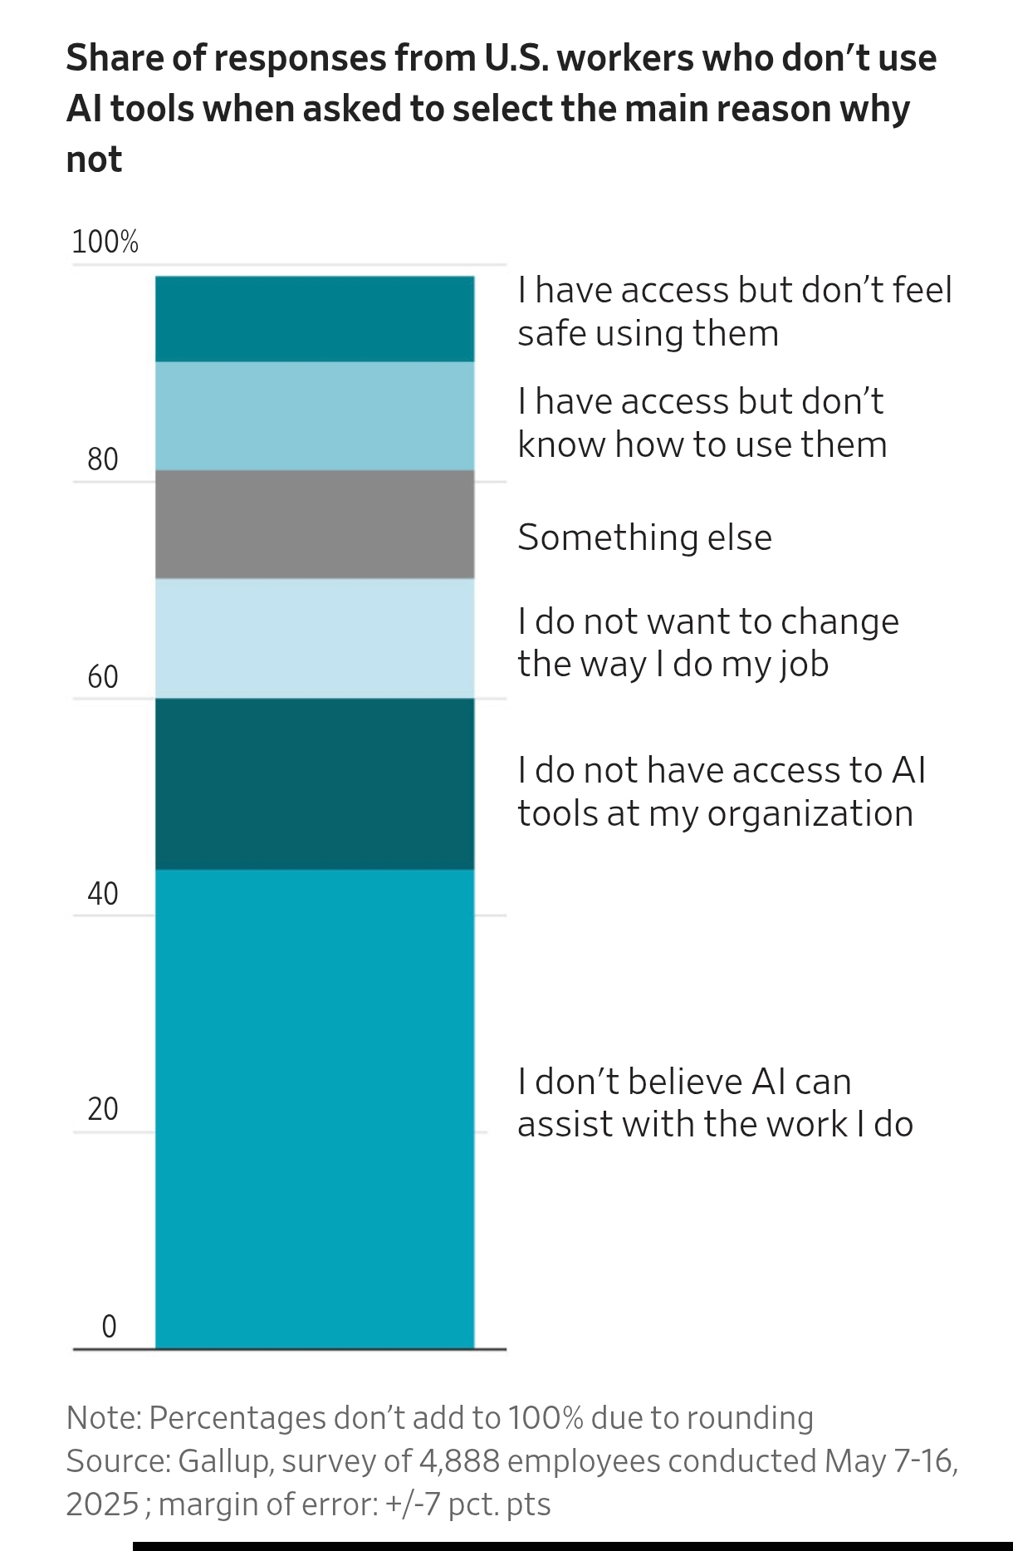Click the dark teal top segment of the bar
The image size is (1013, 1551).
tap(315, 319)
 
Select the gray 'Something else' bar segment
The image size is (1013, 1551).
tap(315, 524)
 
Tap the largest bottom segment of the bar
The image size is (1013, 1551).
tap(315, 1108)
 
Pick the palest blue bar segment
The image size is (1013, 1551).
tap(315, 638)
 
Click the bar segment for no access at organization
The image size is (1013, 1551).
tap(315, 783)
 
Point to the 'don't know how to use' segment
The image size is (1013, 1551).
tap(315, 415)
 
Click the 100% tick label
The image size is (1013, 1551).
tap(105, 242)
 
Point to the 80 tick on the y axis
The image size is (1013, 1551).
tap(103, 459)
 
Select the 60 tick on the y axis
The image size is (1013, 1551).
tap(103, 677)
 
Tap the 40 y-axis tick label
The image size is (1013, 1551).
tap(103, 894)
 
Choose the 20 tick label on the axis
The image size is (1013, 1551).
tap(103, 1109)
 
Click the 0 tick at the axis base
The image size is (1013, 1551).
tap(109, 1327)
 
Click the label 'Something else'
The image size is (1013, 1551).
tap(644, 537)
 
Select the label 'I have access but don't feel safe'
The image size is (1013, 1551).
tap(734, 312)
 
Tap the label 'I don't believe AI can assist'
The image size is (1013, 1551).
tap(715, 1102)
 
